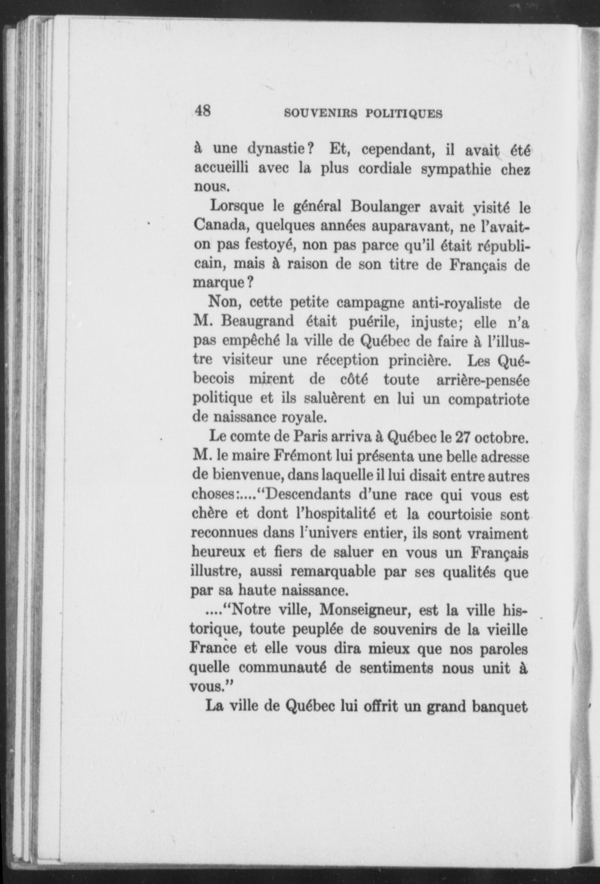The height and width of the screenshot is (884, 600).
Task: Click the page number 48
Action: click(x=203, y=110)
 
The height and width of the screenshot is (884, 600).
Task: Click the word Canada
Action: click(x=221, y=225)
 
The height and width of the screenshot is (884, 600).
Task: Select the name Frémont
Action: click(x=304, y=456)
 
